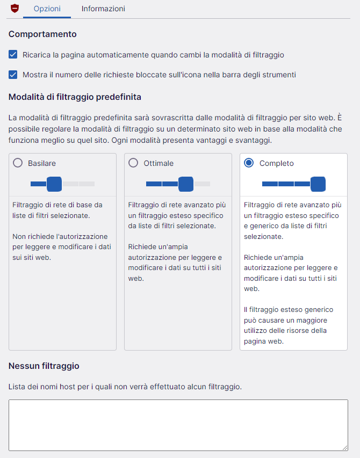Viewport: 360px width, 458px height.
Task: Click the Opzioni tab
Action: (47, 9)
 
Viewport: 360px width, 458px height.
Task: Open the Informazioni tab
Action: (103, 9)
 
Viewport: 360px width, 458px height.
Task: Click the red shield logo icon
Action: (15, 9)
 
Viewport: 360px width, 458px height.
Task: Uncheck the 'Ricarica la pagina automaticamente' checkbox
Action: (13, 55)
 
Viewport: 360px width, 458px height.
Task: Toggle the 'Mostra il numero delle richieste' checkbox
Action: (13, 75)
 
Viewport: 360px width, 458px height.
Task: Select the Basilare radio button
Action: (18, 163)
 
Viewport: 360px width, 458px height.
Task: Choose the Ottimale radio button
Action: (133, 163)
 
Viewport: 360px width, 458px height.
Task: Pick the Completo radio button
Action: (249, 163)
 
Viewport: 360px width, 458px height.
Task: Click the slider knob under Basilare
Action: (54, 184)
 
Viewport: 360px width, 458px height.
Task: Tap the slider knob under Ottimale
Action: (186, 184)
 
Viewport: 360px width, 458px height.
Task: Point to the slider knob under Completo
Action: (318, 184)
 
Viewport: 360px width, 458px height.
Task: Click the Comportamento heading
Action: (42, 34)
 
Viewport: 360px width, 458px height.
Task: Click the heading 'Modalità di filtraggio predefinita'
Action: (75, 97)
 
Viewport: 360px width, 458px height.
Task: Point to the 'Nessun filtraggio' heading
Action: (44, 366)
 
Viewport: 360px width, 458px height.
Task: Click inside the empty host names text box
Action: (178, 425)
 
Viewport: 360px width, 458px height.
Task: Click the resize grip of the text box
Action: (345, 447)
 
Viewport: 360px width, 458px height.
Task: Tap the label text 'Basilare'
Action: (42, 163)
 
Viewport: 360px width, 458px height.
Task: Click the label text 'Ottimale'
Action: (159, 163)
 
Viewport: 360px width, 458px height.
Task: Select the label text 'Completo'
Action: (277, 163)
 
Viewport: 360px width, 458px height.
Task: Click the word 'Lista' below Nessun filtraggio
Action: (17, 387)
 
